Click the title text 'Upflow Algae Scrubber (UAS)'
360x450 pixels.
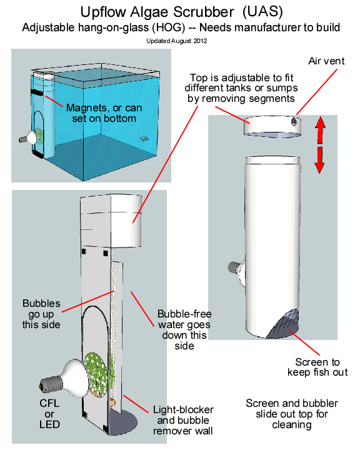pyautogui.click(x=181, y=12)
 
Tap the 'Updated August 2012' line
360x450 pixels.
pyautogui.click(x=176, y=41)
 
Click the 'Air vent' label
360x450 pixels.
pyautogui.click(x=326, y=61)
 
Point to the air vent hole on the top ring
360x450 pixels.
pyautogui.click(x=294, y=122)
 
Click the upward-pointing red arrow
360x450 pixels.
pyautogui.click(x=320, y=130)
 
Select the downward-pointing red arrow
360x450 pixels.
pyautogui.click(x=319, y=160)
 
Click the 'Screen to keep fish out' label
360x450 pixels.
pyautogui.click(x=317, y=367)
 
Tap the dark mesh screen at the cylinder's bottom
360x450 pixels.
pyautogui.click(x=284, y=324)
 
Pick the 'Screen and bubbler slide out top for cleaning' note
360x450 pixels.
pyautogui.click(x=292, y=414)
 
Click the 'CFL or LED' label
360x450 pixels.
pyautogui.click(x=49, y=414)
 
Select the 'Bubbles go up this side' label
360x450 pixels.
pyautogui.click(x=41, y=314)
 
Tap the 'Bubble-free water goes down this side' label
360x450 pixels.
pyautogui.click(x=184, y=330)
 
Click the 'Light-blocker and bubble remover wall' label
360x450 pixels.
pyautogui.click(x=183, y=420)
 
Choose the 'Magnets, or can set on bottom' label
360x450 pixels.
pyautogui.click(x=104, y=113)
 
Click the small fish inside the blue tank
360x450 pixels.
pyautogui.click(x=144, y=139)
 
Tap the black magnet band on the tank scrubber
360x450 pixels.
pyautogui.click(x=37, y=92)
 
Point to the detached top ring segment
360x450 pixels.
pyautogui.click(x=272, y=126)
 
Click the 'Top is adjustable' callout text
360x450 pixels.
pyautogui.click(x=241, y=88)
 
